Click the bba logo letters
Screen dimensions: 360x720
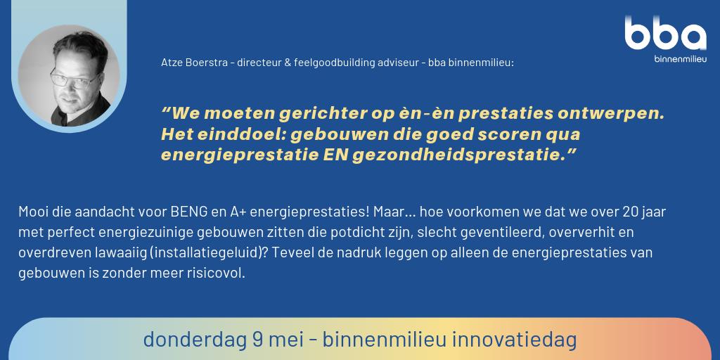(665, 34)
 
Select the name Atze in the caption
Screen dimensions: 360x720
(171, 63)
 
